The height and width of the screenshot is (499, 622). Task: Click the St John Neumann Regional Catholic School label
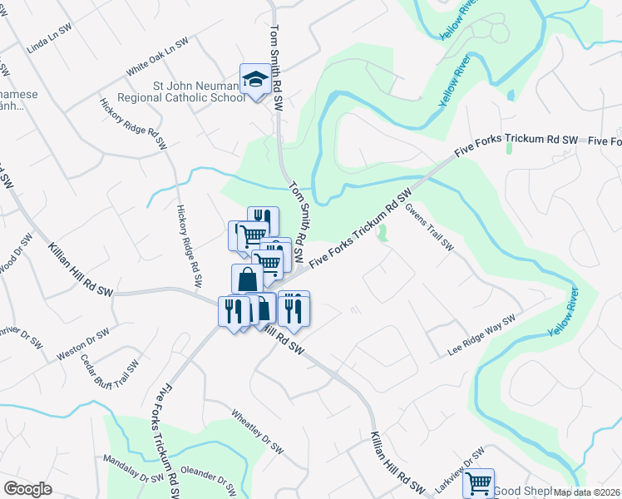pyautogui.click(x=186, y=91)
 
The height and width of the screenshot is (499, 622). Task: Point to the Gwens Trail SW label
pyautogui.click(x=430, y=228)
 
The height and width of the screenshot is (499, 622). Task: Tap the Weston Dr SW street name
pyautogui.click(x=83, y=344)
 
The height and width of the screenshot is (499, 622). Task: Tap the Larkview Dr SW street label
pyautogui.click(x=462, y=463)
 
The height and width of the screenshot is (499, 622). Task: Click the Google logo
pyautogui.click(x=27, y=488)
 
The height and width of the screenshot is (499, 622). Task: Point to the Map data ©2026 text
pyautogui.click(x=585, y=492)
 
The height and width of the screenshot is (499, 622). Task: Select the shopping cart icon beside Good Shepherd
pyautogui.click(x=478, y=482)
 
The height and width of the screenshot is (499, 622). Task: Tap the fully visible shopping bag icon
pyautogui.click(x=247, y=279)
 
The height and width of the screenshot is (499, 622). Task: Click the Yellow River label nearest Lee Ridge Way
pyautogui.click(x=563, y=313)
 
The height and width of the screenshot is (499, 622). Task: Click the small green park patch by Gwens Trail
pyautogui.click(x=382, y=236)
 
